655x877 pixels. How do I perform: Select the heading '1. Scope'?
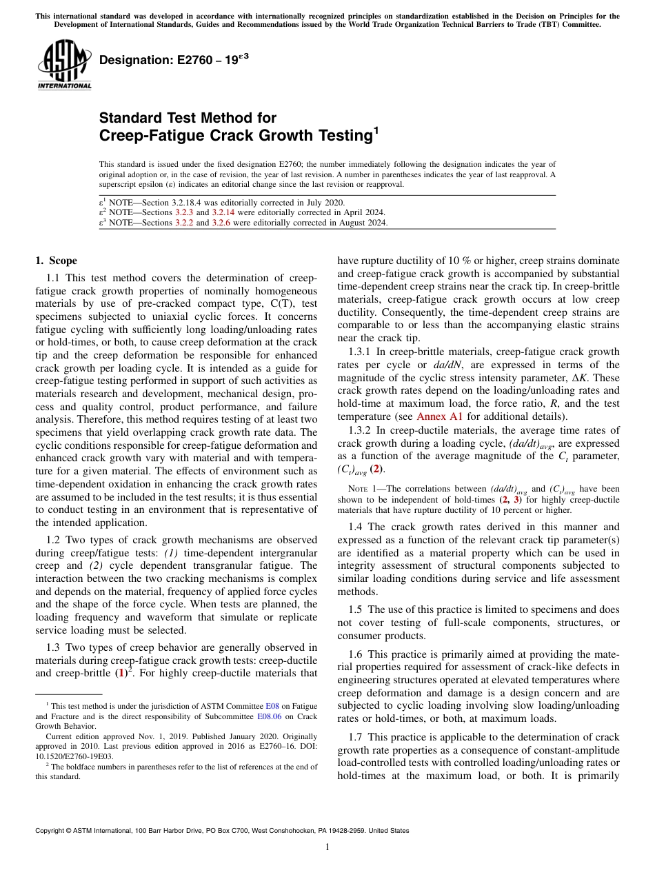click(56, 261)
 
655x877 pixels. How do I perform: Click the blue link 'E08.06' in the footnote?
click(267, 716)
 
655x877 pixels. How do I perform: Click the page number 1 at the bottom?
click(327, 847)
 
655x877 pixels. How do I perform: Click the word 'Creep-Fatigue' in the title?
click(142, 136)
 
